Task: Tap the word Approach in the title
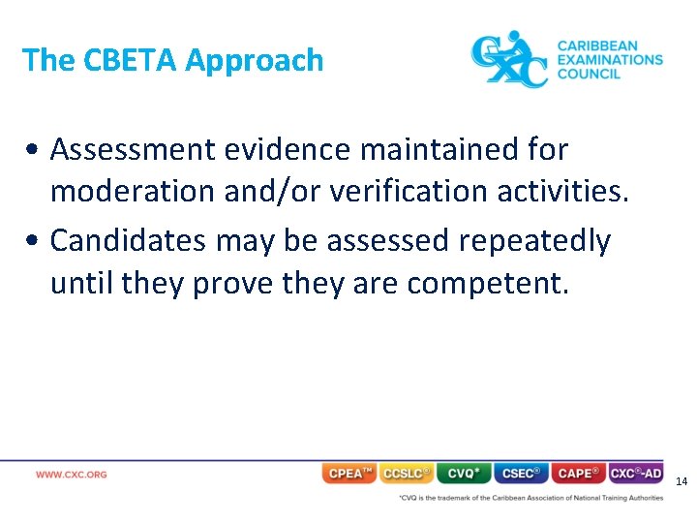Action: pyautogui.click(x=254, y=61)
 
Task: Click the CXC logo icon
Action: pyautogui.click(x=508, y=60)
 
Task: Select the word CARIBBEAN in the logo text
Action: pyautogui.click(x=596, y=46)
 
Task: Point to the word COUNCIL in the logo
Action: pyautogui.click(x=589, y=74)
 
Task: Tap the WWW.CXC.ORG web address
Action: pyautogui.click(x=72, y=475)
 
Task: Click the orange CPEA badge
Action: pyautogui.click(x=349, y=474)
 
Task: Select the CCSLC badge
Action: pyautogui.click(x=407, y=474)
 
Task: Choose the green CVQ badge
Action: pyautogui.click(x=464, y=474)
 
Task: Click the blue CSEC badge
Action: pyautogui.click(x=521, y=474)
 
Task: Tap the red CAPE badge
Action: pyautogui.click(x=578, y=474)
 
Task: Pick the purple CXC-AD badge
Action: pyautogui.click(x=636, y=474)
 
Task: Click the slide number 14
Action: pyautogui.click(x=681, y=481)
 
